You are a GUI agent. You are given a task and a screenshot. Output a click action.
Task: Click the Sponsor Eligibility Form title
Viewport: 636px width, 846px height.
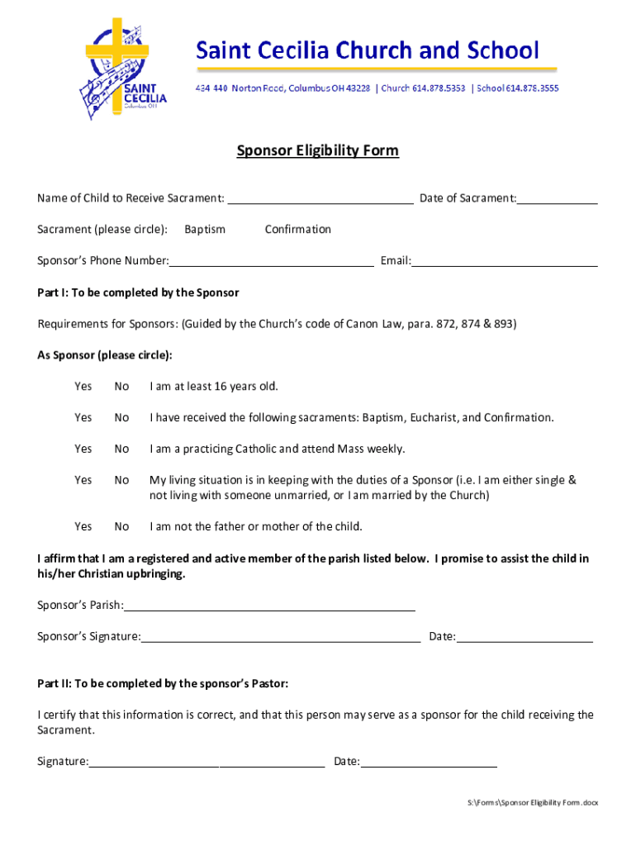click(x=318, y=150)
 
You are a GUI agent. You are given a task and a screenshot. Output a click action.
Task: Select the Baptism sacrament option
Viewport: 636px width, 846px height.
click(x=205, y=230)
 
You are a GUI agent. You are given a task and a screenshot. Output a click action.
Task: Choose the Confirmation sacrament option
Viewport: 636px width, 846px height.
click(x=297, y=230)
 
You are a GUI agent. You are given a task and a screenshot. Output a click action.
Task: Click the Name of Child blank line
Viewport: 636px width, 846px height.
click(x=320, y=199)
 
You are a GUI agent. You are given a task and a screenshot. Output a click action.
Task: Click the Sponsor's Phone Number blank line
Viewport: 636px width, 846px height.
click(x=271, y=262)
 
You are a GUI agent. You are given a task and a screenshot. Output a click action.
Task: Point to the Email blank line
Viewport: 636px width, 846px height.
click(x=505, y=262)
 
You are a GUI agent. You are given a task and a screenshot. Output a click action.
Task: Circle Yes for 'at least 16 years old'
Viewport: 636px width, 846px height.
click(x=83, y=387)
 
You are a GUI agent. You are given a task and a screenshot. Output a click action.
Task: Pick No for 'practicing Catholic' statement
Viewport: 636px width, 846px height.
click(x=122, y=449)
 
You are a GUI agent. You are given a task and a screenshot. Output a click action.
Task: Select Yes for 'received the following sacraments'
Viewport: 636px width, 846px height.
click(x=83, y=418)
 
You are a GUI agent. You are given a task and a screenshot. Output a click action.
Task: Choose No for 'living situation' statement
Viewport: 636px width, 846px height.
click(x=122, y=480)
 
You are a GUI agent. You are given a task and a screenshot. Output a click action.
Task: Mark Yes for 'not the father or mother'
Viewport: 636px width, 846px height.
click(x=83, y=527)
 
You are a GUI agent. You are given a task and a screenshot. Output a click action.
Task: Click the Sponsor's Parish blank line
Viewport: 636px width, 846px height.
click(x=269, y=606)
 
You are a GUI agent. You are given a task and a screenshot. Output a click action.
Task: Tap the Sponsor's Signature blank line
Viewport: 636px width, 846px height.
click(x=281, y=638)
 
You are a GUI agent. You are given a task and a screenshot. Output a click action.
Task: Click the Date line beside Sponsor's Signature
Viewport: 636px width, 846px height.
click(x=524, y=638)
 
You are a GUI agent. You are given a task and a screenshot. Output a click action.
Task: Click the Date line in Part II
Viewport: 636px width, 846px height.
click(x=429, y=763)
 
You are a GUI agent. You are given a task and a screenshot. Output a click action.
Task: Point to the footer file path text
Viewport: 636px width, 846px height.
click(x=533, y=803)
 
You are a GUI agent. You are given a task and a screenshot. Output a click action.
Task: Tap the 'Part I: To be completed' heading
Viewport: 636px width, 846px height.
click(x=138, y=292)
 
